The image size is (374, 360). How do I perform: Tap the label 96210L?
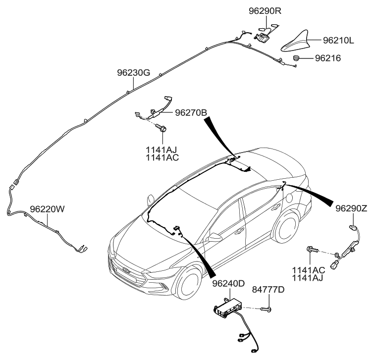pyautogui.click(x=338, y=41)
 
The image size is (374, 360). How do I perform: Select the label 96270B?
pyautogui.click(x=191, y=113)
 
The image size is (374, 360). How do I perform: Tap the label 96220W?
pyautogui.click(x=48, y=209)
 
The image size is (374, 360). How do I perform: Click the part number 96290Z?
pyautogui.click(x=351, y=208)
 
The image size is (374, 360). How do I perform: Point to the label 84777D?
pyautogui.click(x=268, y=289)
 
